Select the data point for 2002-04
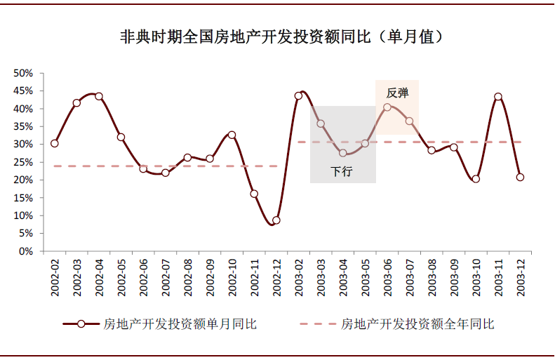pos(99,96)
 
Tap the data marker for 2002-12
pos(276,220)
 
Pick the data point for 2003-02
pos(298,96)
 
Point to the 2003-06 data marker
pos(387,107)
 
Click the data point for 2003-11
pos(498,97)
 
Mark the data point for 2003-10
pos(476,179)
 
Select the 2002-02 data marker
pos(54,143)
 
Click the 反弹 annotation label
pos(397,92)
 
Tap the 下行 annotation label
pos(342,171)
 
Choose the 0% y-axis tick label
pos(26,251)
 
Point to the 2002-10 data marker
pos(232,135)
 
